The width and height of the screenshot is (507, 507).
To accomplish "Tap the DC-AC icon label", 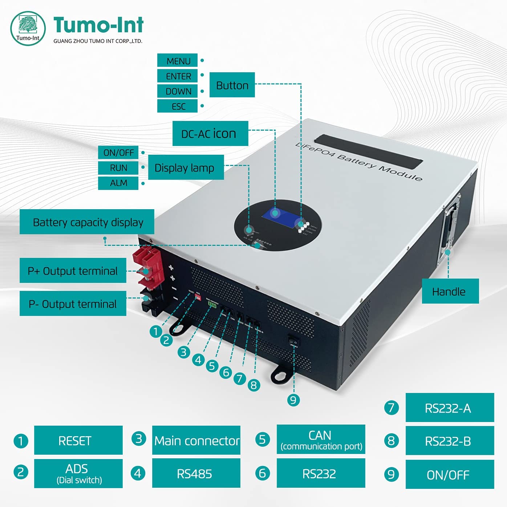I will pyautogui.click(x=210, y=134).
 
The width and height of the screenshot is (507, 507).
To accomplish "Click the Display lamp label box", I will pyautogui.click(x=186, y=167).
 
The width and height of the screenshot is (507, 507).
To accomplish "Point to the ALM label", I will pyautogui.click(x=118, y=183).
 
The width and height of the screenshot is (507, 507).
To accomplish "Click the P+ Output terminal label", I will pyautogui.click(x=73, y=271).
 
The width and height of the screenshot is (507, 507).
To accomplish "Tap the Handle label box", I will pyautogui.click(x=450, y=291).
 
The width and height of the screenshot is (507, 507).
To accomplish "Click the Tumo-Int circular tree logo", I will pyautogui.click(x=28, y=28).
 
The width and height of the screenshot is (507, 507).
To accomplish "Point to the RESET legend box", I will pyautogui.click(x=78, y=440).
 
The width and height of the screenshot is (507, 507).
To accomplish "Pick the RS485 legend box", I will pyautogui.click(x=196, y=473).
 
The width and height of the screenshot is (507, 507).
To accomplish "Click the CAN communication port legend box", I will pyautogui.click(x=321, y=439).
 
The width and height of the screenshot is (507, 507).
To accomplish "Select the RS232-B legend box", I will pyautogui.click(x=450, y=441).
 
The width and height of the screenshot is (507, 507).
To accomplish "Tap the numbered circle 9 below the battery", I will pyautogui.click(x=293, y=400).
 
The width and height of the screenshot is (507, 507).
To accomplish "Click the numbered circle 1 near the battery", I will pyautogui.click(x=156, y=331).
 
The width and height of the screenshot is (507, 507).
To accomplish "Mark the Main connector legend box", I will pyautogui.click(x=196, y=440).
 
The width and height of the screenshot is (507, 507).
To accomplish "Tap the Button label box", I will pyautogui.click(x=232, y=85).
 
